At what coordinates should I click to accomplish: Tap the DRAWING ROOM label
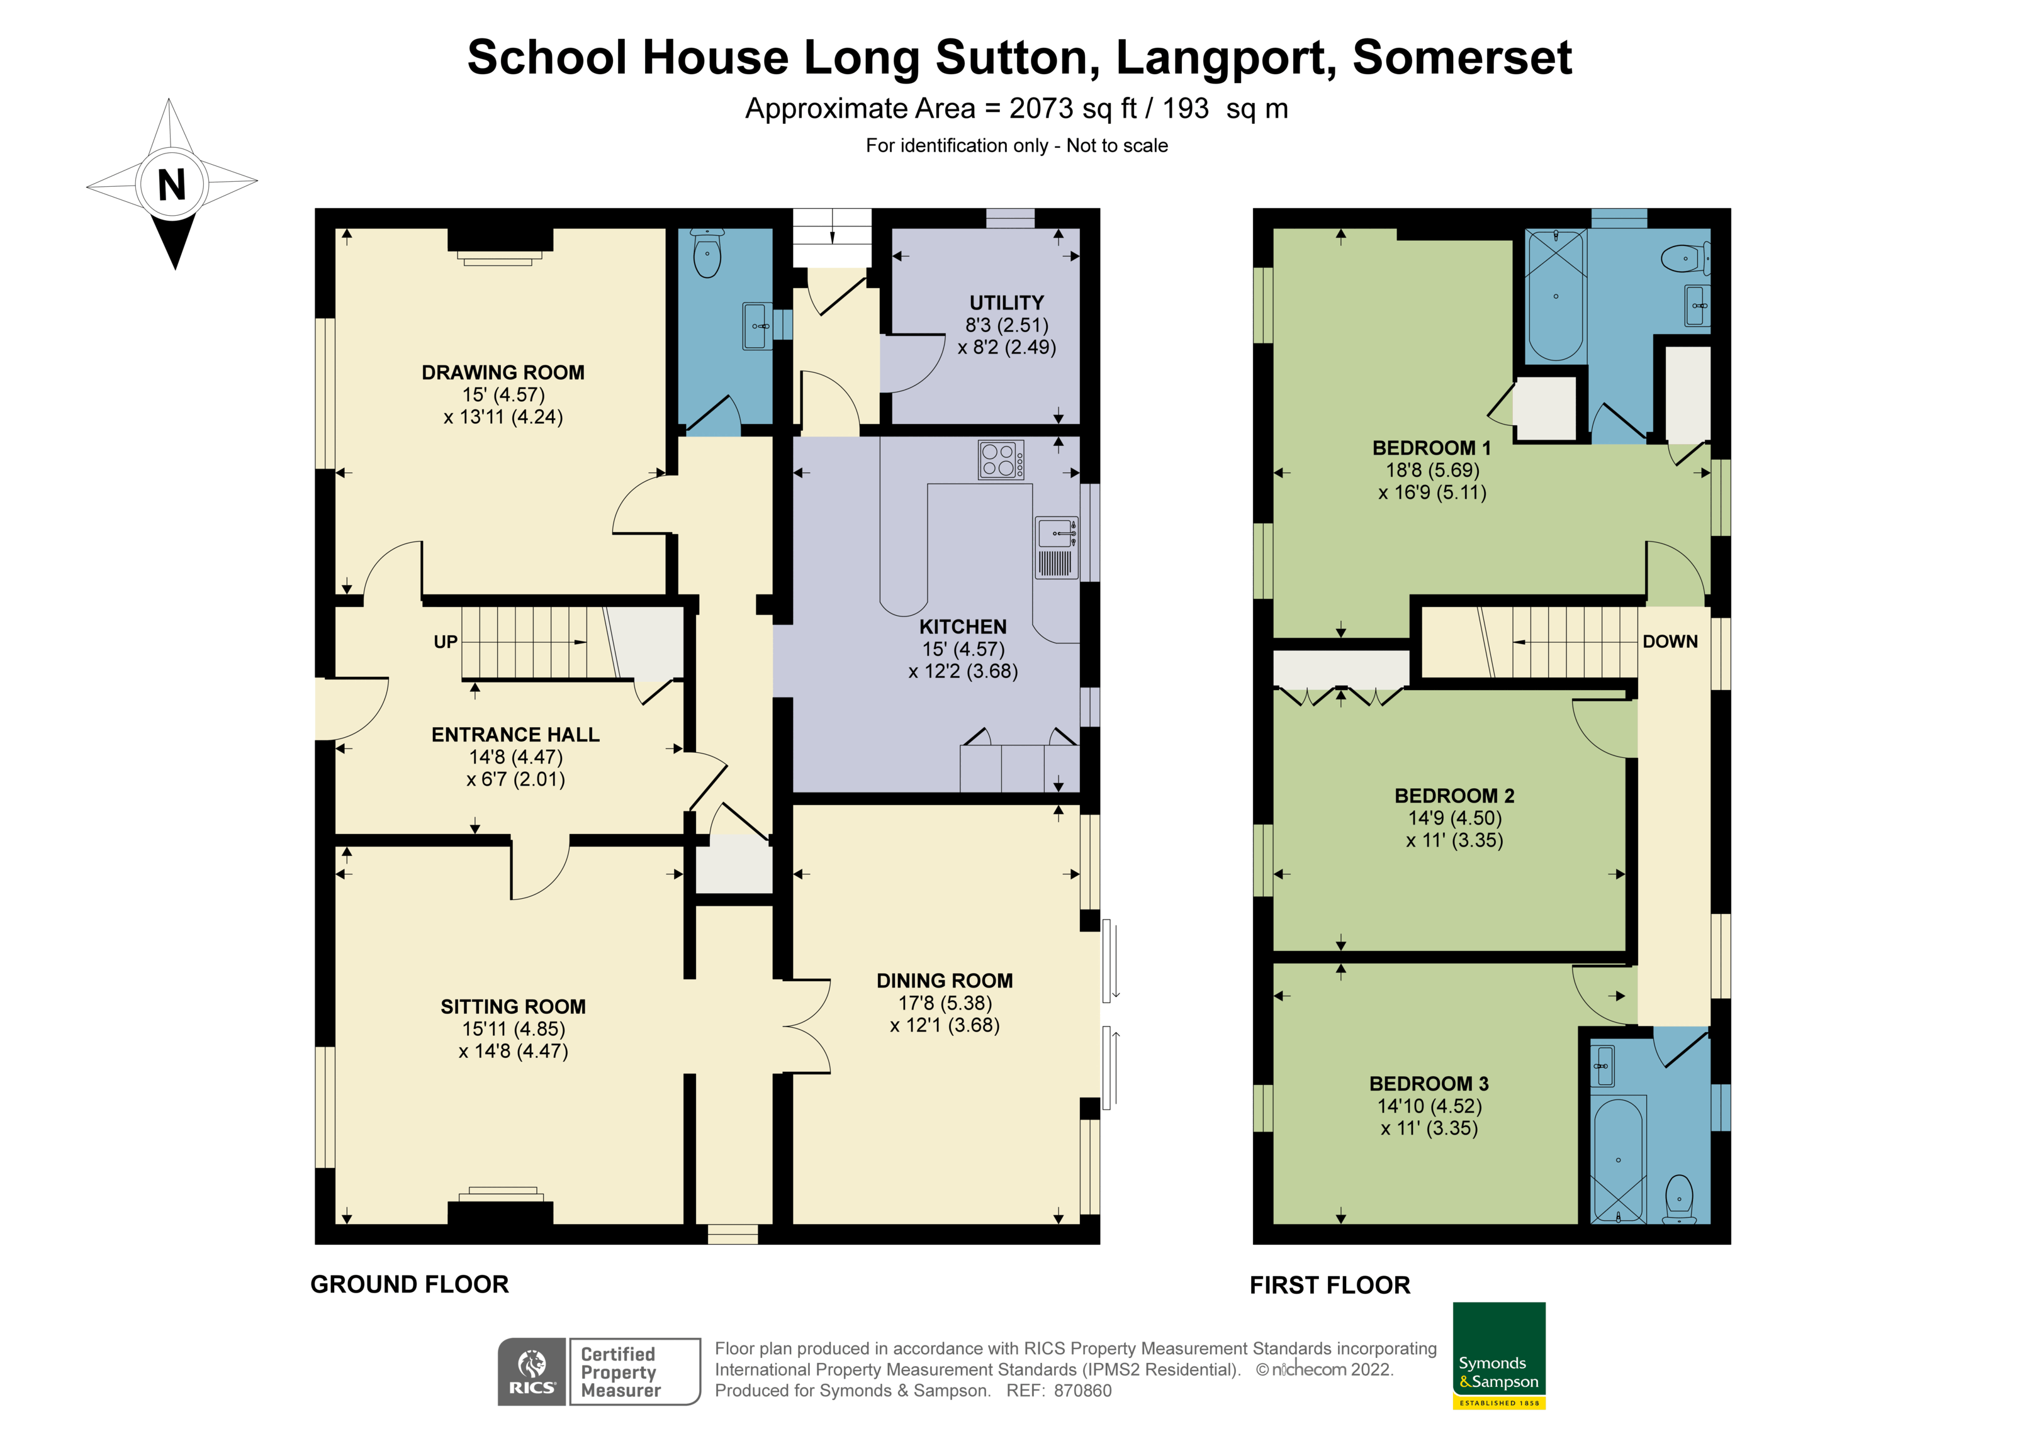coord(503,372)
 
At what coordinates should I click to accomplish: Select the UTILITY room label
coord(1006,303)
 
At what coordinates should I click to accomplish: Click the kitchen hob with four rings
coord(1000,460)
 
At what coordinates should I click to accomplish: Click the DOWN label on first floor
coord(1670,641)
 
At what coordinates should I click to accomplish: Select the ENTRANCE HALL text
coord(515,734)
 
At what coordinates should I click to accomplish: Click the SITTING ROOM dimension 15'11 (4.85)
coord(514,1028)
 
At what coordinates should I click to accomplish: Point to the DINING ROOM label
coord(944,980)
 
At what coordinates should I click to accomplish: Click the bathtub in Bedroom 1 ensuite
coord(1555,295)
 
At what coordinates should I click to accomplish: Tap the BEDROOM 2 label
coord(1454,796)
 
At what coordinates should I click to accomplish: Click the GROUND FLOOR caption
coord(410,1284)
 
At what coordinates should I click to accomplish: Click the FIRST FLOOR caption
coord(1329,1285)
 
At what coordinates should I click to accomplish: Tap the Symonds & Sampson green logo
coord(1498,1354)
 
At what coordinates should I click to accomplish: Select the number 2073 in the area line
coord(1042,108)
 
